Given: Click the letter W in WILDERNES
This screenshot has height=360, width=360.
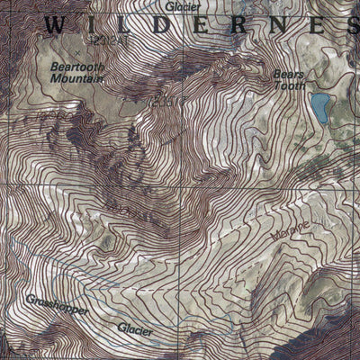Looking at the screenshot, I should click(x=55, y=26).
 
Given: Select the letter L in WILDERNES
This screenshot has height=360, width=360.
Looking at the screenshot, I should click(x=131, y=26).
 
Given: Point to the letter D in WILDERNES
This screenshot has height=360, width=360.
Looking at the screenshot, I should click(x=171, y=26).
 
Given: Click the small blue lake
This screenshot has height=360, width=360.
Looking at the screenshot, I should click(x=319, y=107).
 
